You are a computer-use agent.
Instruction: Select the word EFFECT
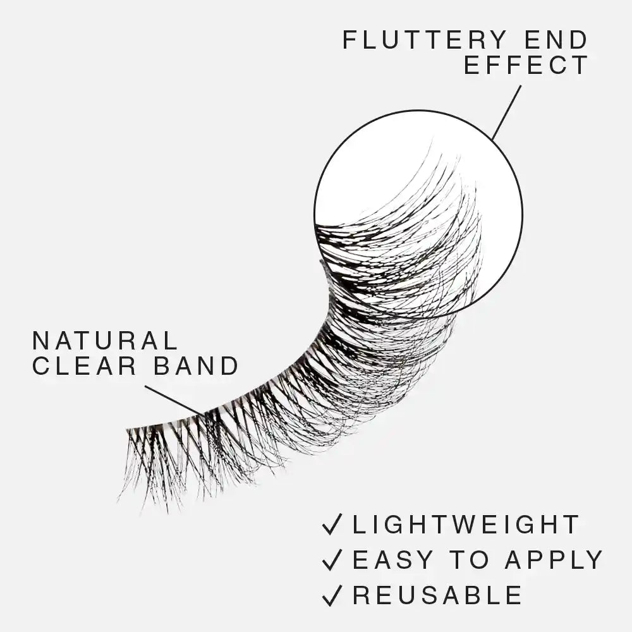tap(526, 65)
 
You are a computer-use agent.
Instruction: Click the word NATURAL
tap(105, 341)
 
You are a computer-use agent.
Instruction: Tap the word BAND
tap(196, 365)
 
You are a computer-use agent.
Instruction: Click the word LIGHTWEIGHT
tap(466, 525)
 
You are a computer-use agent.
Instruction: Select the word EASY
tap(392, 560)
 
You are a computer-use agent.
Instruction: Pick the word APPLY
tap(554, 560)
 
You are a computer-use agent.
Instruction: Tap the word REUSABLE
tap(437, 595)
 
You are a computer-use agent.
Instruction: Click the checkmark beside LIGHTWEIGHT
tap(332, 524)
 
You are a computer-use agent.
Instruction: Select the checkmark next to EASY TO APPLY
tap(332, 559)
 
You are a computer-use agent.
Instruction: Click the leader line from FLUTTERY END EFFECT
tap(507, 113)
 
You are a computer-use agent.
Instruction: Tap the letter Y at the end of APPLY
tap(594, 560)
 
